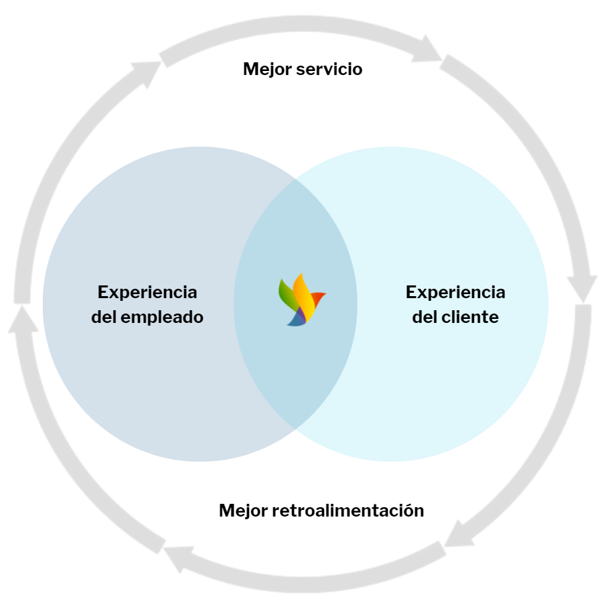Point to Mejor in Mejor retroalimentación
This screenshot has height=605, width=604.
243,511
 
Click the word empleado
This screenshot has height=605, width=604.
162,317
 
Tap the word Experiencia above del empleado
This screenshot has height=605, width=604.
147,293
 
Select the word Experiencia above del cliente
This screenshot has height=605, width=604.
455,293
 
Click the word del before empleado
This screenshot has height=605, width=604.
104,317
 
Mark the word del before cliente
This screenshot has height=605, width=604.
424,317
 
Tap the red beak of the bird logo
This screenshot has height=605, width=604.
318,296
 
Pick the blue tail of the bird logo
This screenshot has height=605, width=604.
296,320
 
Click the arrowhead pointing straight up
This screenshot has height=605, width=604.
22,319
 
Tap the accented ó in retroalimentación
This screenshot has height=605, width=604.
408,511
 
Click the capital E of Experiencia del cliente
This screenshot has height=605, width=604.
411,293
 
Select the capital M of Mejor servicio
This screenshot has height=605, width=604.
250,69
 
